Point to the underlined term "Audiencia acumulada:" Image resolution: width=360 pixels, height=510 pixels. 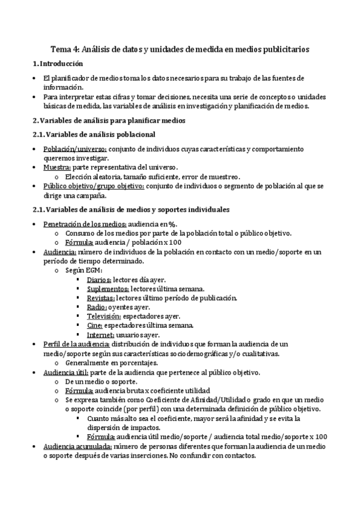click(x=78, y=447)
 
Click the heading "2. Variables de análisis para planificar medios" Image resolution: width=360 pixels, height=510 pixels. click(x=108, y=120)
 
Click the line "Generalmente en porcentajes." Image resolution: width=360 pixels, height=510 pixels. click(x=111, y=363)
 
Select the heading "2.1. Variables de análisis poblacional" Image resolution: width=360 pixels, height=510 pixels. click(x=94, y=134)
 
